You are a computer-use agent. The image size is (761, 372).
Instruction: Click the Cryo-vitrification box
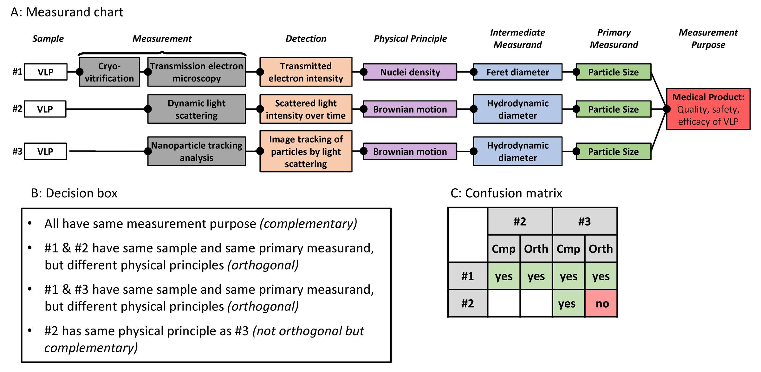tap(109, 72)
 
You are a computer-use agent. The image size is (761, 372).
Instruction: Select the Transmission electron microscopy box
tap(197, 72)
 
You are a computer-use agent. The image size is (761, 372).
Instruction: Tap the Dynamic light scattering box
tap(197, 109)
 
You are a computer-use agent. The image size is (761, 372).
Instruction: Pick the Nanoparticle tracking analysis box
tap(197, 151)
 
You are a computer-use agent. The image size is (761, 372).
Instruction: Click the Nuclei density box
tap(410, 72)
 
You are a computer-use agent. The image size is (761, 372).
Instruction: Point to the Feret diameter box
tap(517, 72)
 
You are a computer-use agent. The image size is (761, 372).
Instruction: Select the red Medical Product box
tap(708, 109)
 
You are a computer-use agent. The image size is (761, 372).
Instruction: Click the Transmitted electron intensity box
tap(306, 72)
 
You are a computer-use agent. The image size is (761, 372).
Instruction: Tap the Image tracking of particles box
tap(306, 151)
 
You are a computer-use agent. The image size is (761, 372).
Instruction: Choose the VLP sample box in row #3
tap(45, 151)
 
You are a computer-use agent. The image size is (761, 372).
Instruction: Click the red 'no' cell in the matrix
tap(601, 303)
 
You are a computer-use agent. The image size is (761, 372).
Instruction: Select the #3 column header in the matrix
tap(584, 221)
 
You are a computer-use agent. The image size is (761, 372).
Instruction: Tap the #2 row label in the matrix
tap(467, 303)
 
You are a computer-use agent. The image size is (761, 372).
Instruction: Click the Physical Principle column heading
tap(410, 39)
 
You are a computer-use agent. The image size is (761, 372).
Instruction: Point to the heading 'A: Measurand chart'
tap(67, 12)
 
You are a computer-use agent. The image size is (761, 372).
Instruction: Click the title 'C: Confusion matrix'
tap(506, 193)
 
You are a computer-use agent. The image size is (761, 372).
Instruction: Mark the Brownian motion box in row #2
tap(410, 109)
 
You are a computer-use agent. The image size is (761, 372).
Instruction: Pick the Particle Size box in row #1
tap(613, 72)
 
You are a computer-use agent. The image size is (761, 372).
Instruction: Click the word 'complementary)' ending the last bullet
tap(91, 348)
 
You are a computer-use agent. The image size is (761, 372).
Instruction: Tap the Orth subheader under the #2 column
tap(536, 249)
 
